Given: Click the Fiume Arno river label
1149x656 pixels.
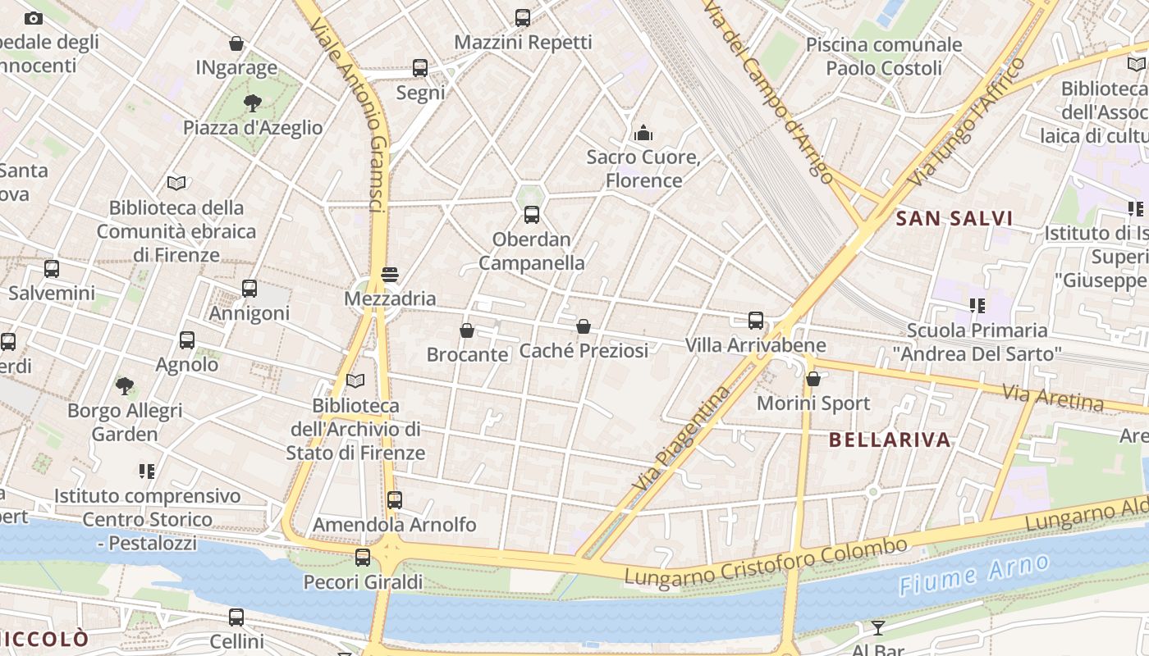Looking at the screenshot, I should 973,575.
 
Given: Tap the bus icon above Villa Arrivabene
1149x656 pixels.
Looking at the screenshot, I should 756,321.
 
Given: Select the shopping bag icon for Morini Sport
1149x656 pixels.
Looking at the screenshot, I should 813,379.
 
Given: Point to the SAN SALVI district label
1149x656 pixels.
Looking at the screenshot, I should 954,218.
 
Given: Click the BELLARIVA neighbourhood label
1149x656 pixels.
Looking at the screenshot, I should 890,440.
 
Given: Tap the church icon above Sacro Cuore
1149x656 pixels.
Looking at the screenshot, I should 643,132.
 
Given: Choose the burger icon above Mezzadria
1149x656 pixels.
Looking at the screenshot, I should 390,274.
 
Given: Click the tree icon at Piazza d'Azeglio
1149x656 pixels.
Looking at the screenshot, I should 253,102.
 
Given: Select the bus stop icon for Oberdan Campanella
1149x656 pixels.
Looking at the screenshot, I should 532,215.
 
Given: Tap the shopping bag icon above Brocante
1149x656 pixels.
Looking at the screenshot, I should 467,330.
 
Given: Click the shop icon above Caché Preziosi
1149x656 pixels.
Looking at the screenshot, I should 584,326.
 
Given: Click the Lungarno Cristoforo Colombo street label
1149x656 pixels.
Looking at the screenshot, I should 766,562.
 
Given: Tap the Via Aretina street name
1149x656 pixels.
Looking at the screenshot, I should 1053,397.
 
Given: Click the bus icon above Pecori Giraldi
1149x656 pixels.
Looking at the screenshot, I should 363,558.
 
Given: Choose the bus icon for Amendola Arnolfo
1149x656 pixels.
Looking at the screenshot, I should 395,499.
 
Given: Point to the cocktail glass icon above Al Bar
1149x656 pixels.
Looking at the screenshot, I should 878,628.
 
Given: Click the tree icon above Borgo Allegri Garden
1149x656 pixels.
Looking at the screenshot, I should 125,385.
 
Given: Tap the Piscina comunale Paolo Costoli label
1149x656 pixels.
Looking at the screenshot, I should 884,57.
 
